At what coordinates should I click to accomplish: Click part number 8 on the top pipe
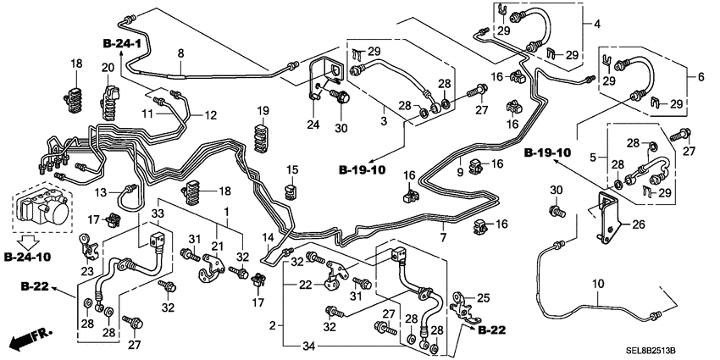click(180, 54)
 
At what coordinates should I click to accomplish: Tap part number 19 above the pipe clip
click(263, 111)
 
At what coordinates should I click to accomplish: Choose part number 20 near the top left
click(108, 68)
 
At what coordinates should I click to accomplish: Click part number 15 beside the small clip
click(292, 169)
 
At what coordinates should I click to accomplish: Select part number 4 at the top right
click(596, 24)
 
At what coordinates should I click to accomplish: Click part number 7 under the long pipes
click(441, 239)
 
